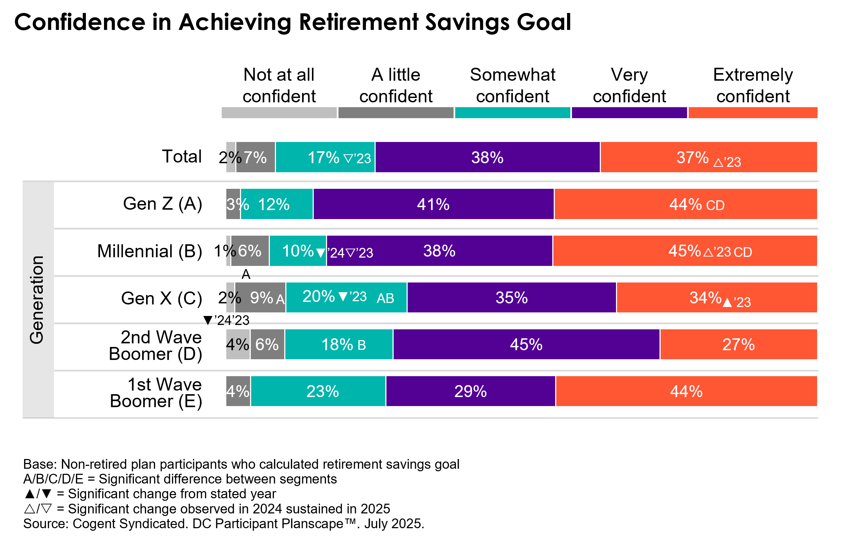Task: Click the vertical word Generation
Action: [x=37, y=300]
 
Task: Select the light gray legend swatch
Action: [x=279, y=113]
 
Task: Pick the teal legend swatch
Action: [x=512, y=113]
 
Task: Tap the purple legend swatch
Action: [x=629, y=113]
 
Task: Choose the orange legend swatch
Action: [x=753, y=113]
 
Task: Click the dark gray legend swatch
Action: [x=396, y=113]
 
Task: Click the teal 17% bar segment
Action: [x=325, y=157]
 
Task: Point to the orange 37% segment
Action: [x=709, y=157]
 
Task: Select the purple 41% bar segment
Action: [x=434, y=204]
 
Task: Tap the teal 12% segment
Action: [x=277, y=204]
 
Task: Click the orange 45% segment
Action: [x=685, y=251]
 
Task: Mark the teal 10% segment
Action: [x=298, y=251]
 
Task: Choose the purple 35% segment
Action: [x=512, y=298]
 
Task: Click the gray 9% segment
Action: [x=260, y=298]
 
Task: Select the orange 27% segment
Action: [x=739, y=344]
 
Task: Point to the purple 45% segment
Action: [x=526, y=344]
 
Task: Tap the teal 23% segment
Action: [x=318, y=391]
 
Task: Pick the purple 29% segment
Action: [x=471, y=391]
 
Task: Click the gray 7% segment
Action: [x=255, y=157]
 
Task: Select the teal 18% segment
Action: [x=339, y=344]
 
